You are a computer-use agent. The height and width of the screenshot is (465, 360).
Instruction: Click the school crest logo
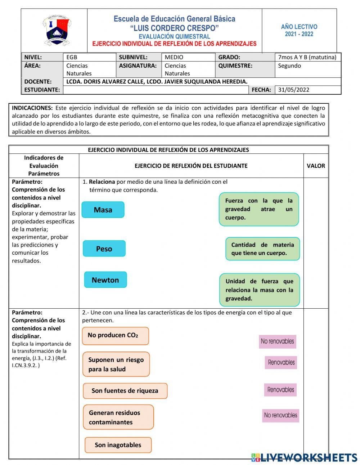point(57,31)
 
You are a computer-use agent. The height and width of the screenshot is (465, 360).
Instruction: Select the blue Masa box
point(103,210)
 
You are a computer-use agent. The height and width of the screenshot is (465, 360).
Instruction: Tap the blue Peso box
point(104,249)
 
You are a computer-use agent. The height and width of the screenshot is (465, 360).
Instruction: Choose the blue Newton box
point(105,280)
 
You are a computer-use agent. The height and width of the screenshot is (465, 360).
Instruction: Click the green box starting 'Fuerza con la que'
point(259,209)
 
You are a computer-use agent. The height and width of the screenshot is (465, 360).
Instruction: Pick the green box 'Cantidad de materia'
point(262,249)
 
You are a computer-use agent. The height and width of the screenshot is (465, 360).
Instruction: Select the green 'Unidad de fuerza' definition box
point(259,290)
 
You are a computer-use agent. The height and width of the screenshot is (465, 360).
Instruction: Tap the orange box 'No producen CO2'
point(115,336)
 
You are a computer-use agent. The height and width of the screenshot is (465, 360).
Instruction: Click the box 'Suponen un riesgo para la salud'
point(116,364)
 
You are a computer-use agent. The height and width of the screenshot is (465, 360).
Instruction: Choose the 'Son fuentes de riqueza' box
point(125,391)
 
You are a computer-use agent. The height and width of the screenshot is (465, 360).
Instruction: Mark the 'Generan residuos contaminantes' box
point(118,417)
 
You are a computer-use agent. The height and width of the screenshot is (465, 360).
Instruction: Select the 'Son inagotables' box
point(118,445)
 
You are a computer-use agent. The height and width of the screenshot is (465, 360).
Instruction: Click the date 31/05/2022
point(293,90)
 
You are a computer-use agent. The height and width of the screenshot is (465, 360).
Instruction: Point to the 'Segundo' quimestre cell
point(289,66)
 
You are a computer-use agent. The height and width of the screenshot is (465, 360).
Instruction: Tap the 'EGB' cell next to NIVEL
point(72,57)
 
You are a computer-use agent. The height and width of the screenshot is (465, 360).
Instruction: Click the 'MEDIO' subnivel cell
point(174,57)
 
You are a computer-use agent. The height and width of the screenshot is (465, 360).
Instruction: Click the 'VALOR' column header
point(316,166)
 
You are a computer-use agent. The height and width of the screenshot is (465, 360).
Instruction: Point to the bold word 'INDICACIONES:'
point(32,108)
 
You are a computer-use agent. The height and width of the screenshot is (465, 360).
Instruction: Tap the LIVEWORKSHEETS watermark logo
point(304,457)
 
